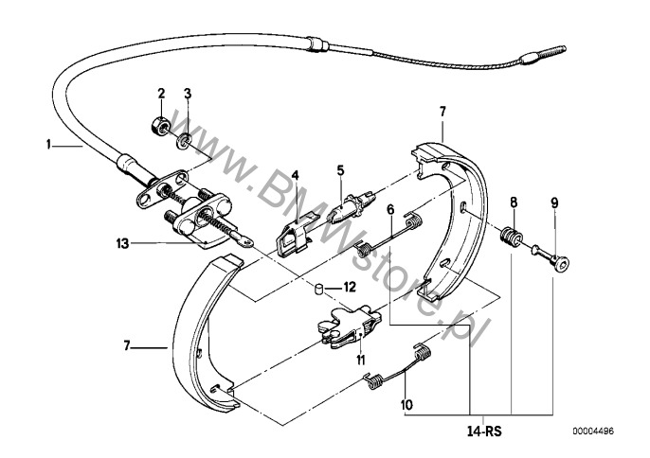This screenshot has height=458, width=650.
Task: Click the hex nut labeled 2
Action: coord(159,123)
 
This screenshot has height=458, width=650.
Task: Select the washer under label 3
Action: coord(183,143)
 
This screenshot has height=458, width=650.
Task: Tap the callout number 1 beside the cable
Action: coord(49,145)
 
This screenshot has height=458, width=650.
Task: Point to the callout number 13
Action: coord(122,244)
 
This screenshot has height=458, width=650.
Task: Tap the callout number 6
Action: coord(390,209)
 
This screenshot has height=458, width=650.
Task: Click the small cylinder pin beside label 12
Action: coord(318,288)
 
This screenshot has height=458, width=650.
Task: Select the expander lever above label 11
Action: coord(349,326)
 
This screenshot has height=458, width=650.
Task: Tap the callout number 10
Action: coord(407,404)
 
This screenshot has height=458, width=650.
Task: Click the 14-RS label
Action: coord(484,432)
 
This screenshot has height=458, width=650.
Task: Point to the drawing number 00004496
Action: coord(593,432)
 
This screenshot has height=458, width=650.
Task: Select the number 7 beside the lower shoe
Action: coord(127,345)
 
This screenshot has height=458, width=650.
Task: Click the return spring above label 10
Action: coord(398,365)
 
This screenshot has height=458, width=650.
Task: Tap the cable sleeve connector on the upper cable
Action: coord(318,44)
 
